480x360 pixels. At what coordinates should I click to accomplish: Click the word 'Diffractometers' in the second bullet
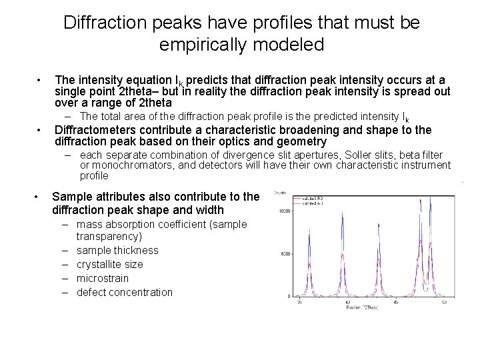tap(92, 130)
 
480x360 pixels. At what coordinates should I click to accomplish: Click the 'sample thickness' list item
tap(117, 251)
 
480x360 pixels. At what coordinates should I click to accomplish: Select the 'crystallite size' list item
tap(109, 265)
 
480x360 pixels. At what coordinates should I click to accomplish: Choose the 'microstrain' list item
tap(103, 278)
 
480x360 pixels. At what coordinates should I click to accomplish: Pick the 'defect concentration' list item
tap(125, 292)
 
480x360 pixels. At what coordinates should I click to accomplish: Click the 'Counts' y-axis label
tap(280, 193)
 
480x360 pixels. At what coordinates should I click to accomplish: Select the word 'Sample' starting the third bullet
tap(71, 197)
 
